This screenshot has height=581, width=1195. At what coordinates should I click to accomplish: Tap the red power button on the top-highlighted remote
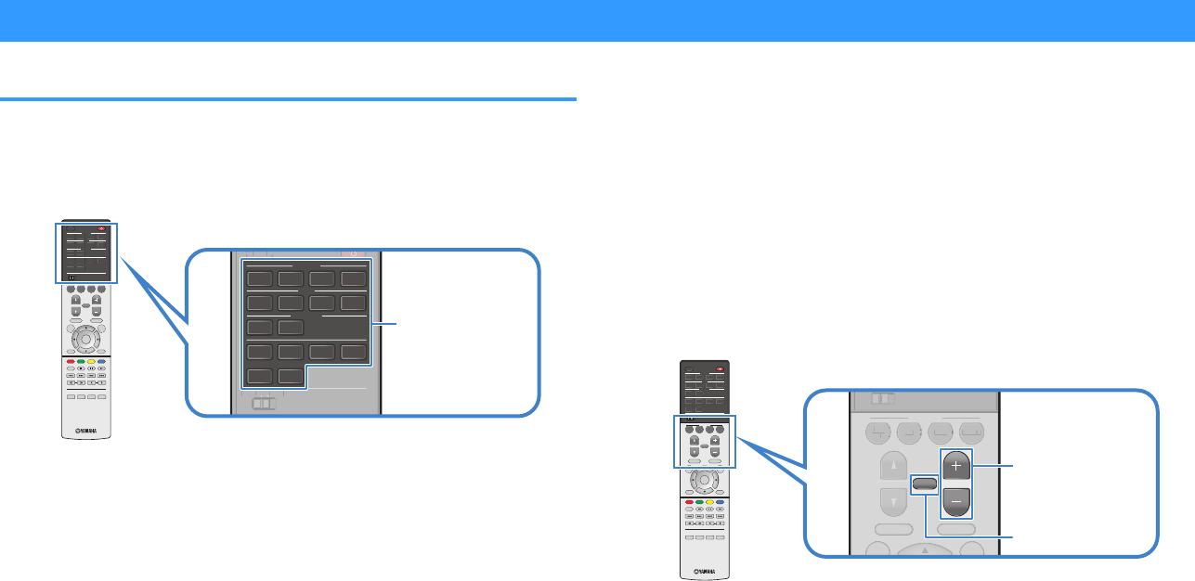[104, 228]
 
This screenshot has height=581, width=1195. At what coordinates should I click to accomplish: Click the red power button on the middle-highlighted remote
[721, 368]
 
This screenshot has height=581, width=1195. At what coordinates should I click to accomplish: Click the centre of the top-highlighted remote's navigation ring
[85, 339]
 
